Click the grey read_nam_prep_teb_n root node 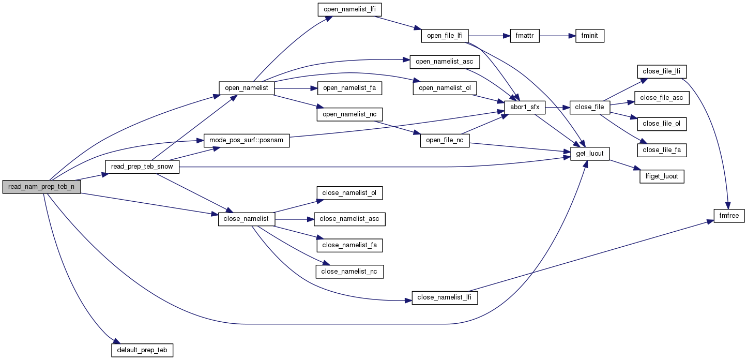41,187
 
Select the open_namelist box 246,88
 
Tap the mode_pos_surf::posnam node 247,141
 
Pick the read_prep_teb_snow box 142,167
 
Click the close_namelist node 246,219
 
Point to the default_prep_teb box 142,350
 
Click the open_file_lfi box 445,36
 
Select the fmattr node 524,36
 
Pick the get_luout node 590,154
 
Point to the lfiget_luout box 662,176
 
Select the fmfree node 729,216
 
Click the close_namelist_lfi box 445,298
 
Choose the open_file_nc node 445,141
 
